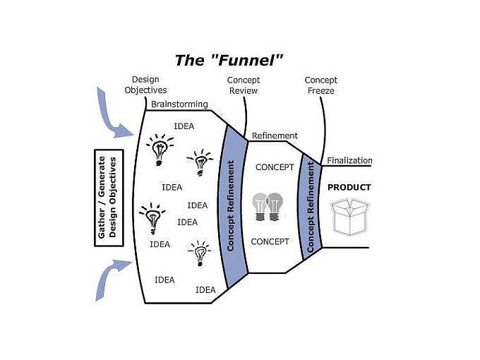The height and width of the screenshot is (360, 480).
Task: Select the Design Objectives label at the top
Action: point(146,85)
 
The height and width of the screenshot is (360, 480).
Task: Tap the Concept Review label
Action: point(243,85)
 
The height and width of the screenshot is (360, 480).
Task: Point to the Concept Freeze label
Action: point(320,85)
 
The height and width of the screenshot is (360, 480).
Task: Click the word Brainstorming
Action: point(179,104)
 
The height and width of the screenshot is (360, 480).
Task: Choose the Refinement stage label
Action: point(275,136)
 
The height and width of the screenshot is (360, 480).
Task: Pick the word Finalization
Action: point(349,160)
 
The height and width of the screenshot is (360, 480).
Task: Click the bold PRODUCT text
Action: point(349,188)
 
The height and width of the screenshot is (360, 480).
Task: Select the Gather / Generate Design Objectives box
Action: point(109,198)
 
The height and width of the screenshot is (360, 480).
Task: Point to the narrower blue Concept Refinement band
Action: point(311,205)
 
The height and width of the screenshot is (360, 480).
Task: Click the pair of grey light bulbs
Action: point(268,206)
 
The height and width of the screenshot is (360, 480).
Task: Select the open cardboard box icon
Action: point(351,217)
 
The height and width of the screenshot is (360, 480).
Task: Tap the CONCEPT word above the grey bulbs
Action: point(275,167)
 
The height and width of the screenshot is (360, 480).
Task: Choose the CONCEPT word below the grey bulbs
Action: point(270,241)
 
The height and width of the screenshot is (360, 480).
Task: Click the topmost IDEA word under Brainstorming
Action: point(184,126)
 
